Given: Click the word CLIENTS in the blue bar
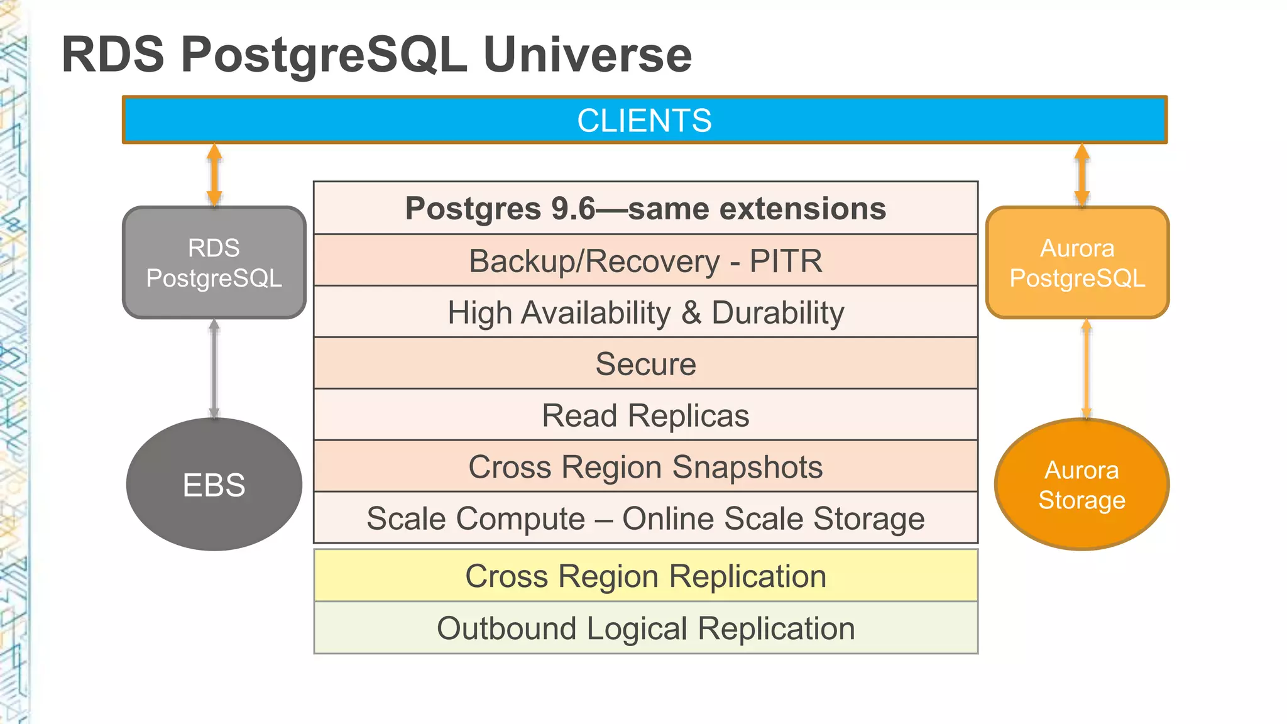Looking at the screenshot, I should click(644, 121).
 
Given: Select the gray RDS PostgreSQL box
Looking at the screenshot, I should click(214, 263).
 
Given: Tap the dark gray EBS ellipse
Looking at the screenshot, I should click(214, 485).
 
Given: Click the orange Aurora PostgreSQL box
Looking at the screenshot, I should click(1077, 263).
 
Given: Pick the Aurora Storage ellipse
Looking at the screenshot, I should click(1082, 485).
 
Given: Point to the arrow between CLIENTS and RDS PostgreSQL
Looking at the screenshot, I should click(214, 175).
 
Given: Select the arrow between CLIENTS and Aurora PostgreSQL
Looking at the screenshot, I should click(1082, 175).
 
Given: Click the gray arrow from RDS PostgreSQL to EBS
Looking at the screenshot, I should click(214, 369).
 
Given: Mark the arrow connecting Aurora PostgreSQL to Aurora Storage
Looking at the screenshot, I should click(1086, 369).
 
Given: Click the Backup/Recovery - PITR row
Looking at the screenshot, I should click(645, 261).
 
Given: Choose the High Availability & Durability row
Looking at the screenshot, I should click(645, 312).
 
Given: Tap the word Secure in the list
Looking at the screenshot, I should click(645, 364).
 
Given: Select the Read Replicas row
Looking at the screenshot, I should click(645, 415).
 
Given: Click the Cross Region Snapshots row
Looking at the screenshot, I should click(645, 467).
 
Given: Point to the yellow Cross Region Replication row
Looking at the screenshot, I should click(645, 576).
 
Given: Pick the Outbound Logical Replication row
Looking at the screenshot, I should click(645, 628).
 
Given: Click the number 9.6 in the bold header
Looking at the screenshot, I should click(572, 209).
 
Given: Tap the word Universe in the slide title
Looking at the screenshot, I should click(587, 55).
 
